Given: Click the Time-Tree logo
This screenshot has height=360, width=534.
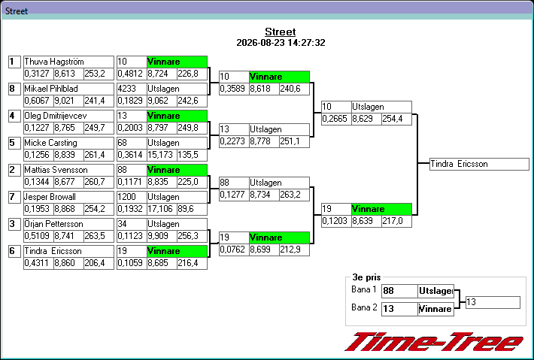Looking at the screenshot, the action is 434,342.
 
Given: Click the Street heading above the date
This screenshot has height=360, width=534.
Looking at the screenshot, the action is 281,32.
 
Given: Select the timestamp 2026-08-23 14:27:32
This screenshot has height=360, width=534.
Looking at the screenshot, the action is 281,43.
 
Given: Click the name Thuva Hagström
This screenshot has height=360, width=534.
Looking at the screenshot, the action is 54,62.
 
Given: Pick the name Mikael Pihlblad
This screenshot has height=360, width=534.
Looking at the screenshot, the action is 51,89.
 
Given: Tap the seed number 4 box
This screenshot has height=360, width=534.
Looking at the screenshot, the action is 14,116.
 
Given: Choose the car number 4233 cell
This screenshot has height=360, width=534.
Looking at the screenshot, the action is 132,89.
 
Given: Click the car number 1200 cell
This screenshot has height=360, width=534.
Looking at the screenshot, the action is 132,197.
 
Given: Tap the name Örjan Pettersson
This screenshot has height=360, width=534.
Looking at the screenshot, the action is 54,224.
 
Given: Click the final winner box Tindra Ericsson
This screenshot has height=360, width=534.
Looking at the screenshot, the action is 479,164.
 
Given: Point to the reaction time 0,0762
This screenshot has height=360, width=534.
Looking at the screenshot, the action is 232,250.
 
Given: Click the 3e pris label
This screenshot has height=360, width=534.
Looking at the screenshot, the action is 366,277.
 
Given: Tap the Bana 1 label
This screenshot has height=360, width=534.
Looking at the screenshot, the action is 364,289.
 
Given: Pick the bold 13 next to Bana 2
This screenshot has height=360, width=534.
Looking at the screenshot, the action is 389,309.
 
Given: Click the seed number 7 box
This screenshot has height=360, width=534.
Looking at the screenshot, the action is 14,197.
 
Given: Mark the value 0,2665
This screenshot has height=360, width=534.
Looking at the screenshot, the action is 335,119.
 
